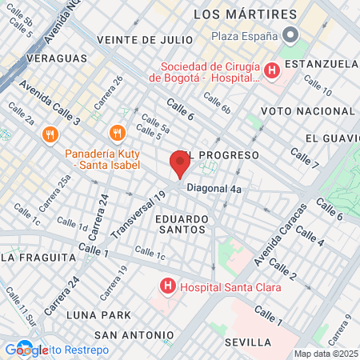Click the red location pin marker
(179, 166)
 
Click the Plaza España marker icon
(290, 36)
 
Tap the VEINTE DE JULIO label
(144, 39)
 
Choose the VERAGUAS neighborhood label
(56, 58)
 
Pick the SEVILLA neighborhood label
(249, 342)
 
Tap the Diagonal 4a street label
(214, 188)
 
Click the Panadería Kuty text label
(102, 159)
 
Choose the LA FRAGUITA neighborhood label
(32, 257)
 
